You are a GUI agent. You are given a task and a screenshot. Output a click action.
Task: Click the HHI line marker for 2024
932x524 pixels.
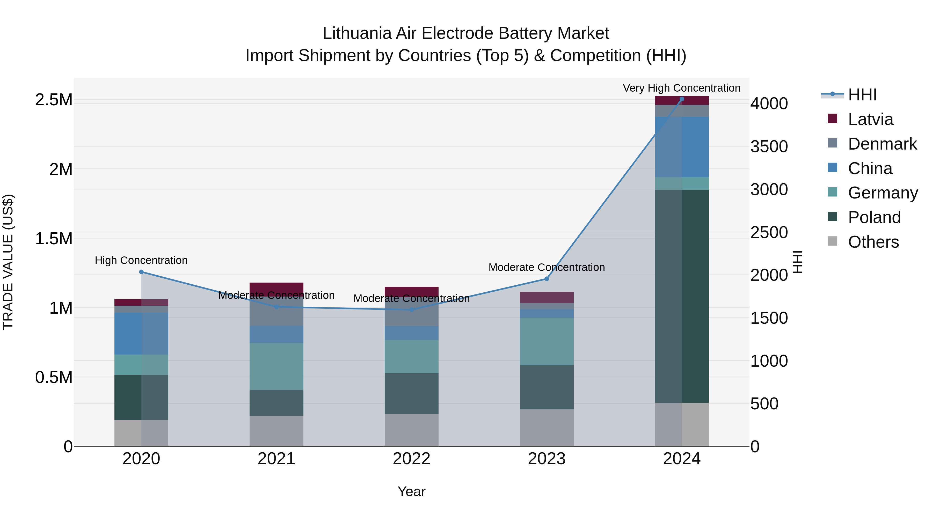682,99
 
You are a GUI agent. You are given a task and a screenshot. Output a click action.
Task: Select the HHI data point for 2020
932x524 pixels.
141,272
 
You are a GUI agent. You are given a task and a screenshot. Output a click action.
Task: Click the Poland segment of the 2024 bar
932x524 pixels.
682,297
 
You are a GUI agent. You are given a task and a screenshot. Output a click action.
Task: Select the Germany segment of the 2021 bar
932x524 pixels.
276,366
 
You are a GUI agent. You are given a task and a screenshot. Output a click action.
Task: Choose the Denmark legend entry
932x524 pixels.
882,144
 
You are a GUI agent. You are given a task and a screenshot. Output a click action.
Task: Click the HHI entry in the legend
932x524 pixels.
862,95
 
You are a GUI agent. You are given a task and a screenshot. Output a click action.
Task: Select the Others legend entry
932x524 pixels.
873,242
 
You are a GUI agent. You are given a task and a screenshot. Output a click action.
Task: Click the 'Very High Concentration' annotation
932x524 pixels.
682,88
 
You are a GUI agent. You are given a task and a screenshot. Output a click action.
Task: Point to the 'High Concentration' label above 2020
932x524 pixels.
141,260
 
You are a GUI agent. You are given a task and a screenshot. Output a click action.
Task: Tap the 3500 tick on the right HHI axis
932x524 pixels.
769,146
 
